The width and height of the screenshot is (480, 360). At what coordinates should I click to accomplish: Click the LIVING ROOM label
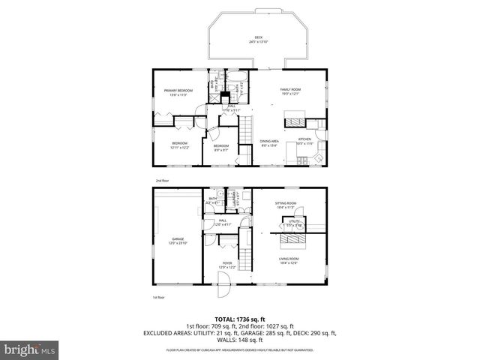click(x=289, y=260)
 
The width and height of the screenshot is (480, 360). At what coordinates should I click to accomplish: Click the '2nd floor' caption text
click(x=162, y=181)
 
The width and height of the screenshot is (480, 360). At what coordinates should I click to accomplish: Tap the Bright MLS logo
click(x=29, y=349)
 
